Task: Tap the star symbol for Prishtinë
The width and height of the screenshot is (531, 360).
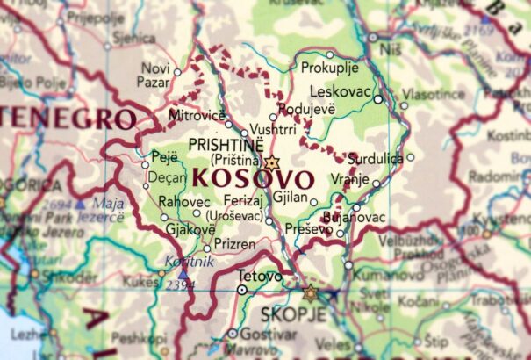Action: tap(271, 162)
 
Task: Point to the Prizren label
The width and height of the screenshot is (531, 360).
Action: tap(234, 243)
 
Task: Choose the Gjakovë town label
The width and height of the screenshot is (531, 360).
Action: tap(190, 230)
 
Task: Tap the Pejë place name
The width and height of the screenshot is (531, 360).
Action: tap(165, 156)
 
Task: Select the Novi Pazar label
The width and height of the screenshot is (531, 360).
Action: tap(155, 76)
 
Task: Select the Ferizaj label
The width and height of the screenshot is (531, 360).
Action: tap(244, 200)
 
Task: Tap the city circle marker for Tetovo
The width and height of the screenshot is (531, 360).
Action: tap(242, 288)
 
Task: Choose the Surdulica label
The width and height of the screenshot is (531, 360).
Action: tap(375, 158)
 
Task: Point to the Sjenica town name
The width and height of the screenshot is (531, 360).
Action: tap(134, 39)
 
